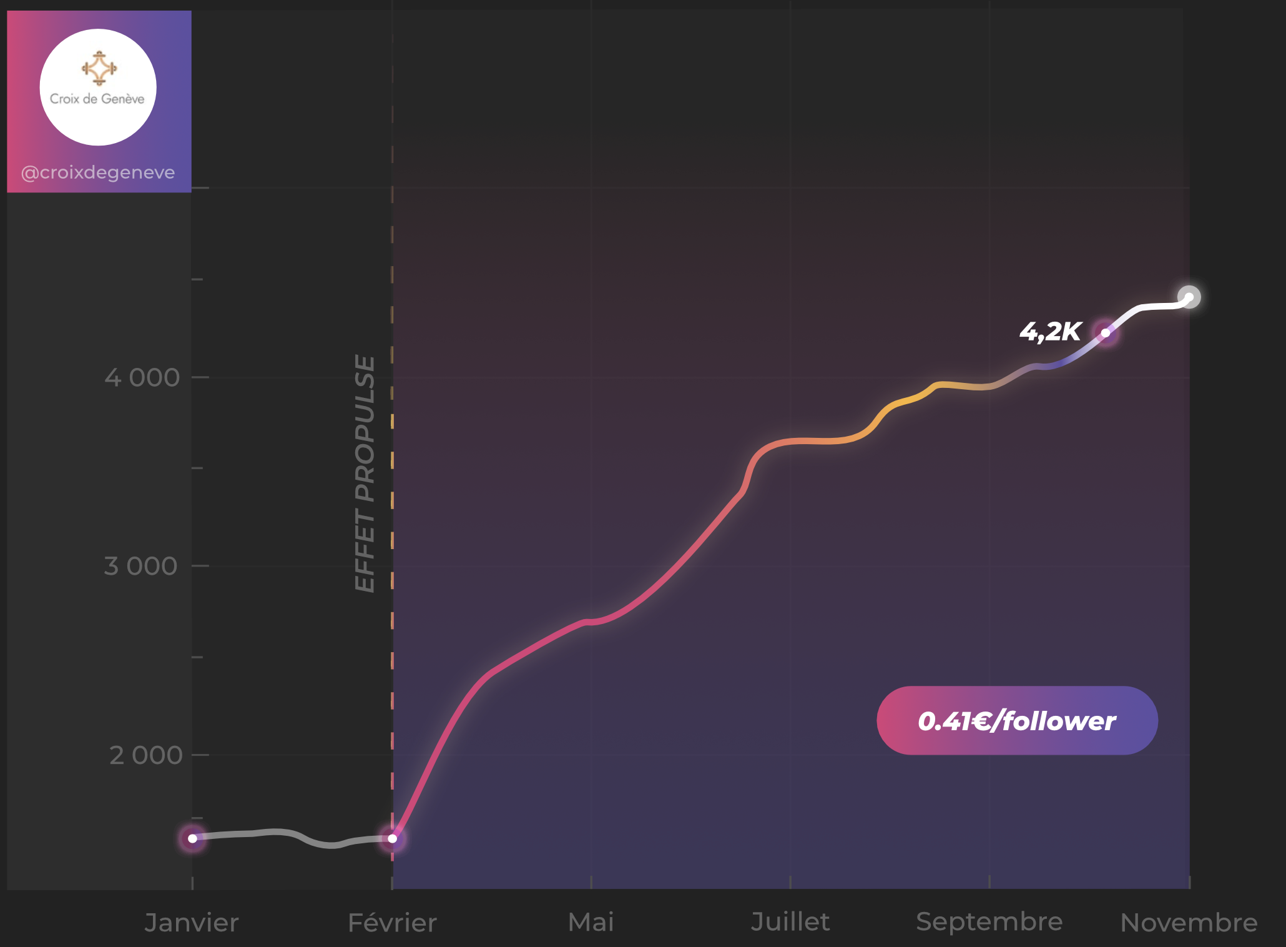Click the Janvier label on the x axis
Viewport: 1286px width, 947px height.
[191, 923]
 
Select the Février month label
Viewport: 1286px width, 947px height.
[392, 923]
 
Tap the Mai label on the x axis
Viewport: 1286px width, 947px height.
[591, 922]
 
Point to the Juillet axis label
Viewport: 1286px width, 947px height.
[790, 922]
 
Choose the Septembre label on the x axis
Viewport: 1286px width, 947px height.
[989, 922]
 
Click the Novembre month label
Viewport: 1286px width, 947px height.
[1189, 923]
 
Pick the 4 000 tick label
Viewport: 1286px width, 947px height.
[142, 377]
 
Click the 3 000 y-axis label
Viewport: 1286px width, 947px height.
[140, 566]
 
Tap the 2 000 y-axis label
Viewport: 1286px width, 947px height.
[145, 755]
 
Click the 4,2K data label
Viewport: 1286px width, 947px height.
[1050, 332]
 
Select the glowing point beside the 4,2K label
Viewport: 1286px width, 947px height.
[1106, 333]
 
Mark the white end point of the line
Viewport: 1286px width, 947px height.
[1189, 297]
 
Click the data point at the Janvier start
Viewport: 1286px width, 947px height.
[192, 838]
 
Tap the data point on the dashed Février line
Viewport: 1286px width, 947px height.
[392, 838]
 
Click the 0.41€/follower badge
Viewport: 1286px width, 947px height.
[1017, 721]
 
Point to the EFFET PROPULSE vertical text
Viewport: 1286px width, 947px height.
[365, 473]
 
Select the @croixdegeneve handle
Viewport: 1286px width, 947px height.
[98, 172]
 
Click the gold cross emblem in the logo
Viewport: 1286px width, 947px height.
[99, 68]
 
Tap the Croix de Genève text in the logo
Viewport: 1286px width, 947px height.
[97, 99]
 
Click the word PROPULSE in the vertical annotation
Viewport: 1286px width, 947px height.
[365, 429]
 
